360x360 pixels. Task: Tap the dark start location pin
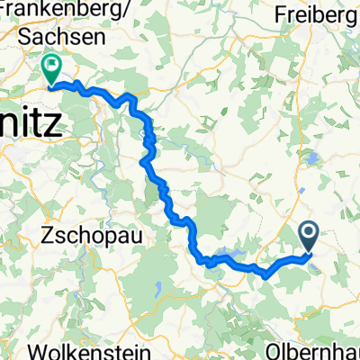[309, 236]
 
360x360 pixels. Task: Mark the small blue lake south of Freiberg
[312, 160]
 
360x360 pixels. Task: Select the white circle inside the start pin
[309, 234]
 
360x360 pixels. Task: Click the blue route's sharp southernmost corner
[265, 277]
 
